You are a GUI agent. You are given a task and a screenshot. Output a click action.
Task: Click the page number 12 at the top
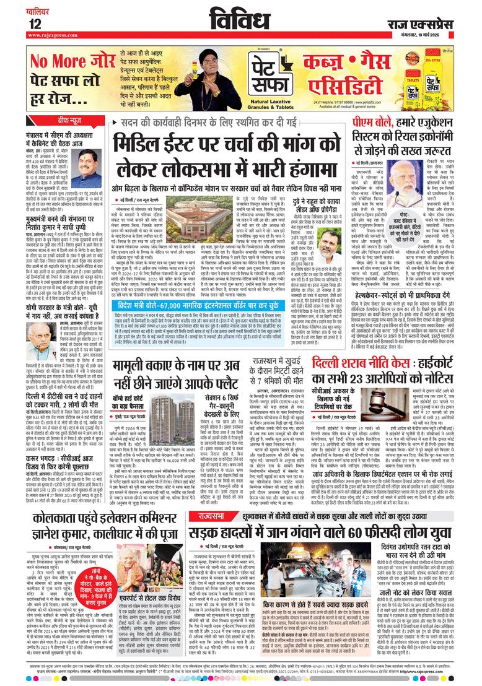pos(35,24)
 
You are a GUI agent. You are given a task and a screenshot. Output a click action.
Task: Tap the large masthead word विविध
pos(241,20)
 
